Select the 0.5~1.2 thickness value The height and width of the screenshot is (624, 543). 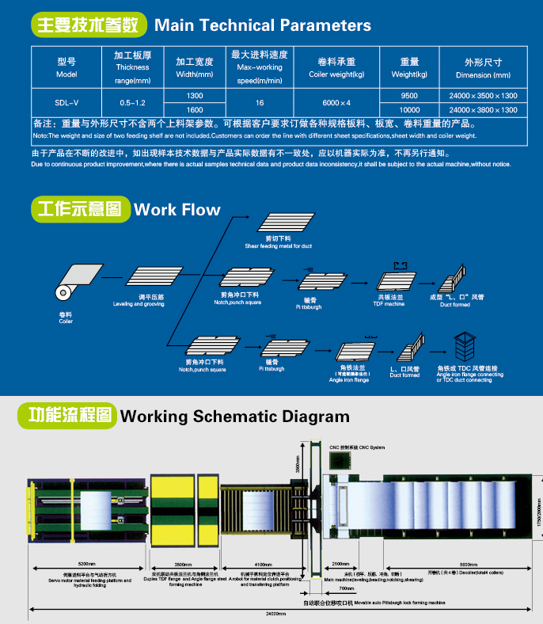pyautogui.click(x=132, y=103)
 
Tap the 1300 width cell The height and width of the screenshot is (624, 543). pyautogui.click(x=194, y=95)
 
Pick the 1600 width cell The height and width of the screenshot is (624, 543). pyautogui.click(x=194, y=110)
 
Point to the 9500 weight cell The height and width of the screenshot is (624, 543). pyautogui.click(x=409, y=95)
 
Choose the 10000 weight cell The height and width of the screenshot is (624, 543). pyautogui.click(x=409, y=110)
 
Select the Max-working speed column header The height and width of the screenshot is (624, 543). pyautogui.click(x=259, y=67)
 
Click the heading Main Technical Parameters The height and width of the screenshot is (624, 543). pyautogui.click(x=262, y=25)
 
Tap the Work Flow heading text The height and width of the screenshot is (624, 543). pyautogui.click(x=177, y=210)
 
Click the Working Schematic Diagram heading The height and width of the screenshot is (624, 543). pyautogui.click(x=234, y=416)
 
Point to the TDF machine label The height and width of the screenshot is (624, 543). pyautogui.click(x=389, y=304)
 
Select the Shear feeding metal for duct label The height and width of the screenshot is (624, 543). pyautogui.click(x=278, y=246)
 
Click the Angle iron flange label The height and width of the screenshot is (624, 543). pyautogui.click(x=349, y=380)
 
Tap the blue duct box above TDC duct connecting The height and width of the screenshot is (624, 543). pyautogui.click(x=465, y=346)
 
